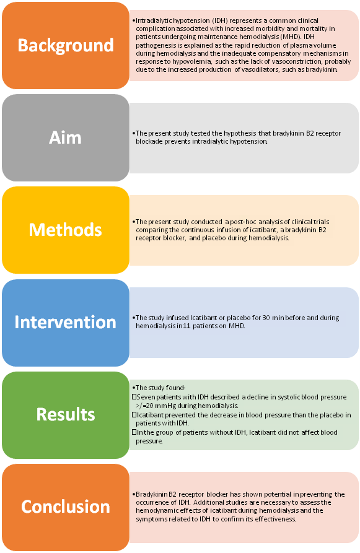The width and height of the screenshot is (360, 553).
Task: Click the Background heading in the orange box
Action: pos(66,45)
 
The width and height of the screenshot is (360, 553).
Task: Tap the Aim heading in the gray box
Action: pos(65,137)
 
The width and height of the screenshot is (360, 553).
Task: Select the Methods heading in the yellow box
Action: pos(65,230)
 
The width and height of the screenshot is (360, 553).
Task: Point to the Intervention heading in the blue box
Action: pos(65,322)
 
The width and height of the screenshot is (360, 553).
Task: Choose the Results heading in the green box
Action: pos(66,414)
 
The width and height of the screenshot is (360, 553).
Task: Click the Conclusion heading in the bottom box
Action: pos(66,507)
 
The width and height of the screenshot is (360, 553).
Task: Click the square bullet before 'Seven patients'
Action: pos(134,397)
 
